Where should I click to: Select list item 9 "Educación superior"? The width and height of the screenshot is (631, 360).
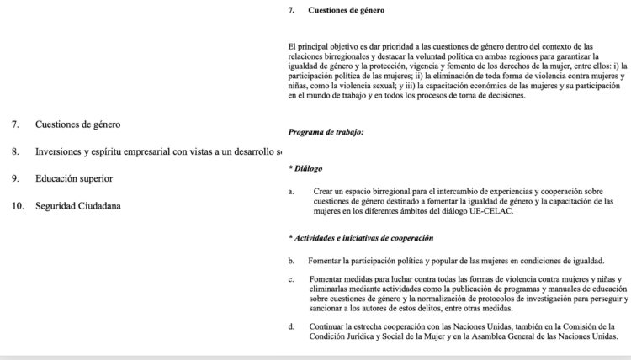74,178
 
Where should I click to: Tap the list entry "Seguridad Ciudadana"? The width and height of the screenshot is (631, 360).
80,205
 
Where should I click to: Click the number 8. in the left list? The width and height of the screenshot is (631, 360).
16,151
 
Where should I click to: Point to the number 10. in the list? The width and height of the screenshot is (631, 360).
18,205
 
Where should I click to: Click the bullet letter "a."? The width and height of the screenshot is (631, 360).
291,191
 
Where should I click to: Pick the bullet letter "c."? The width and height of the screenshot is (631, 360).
291,278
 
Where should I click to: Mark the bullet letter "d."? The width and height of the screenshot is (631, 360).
291,326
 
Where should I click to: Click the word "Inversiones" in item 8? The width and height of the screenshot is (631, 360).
63,151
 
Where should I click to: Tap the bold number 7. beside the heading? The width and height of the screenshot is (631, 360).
291,12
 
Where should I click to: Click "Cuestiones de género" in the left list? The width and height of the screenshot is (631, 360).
77,124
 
